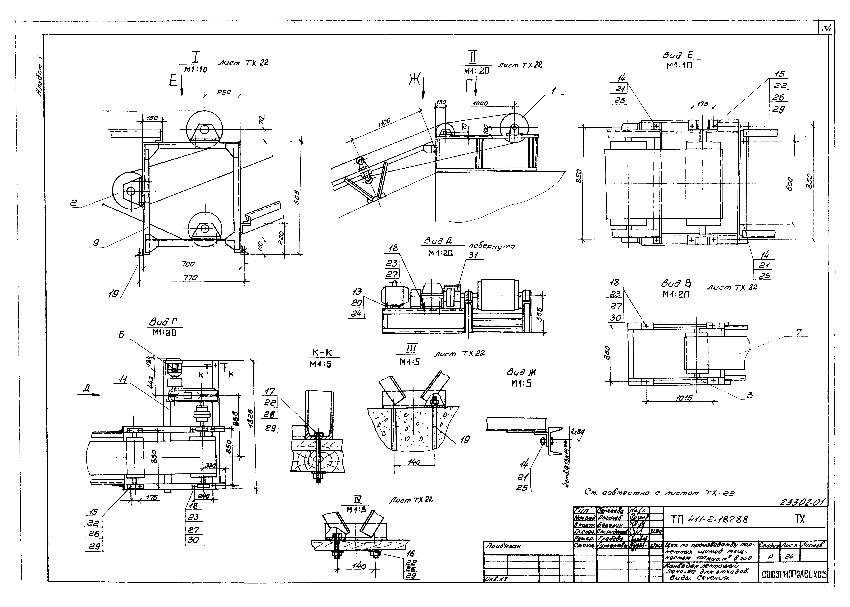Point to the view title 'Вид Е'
pyautogui.click(x=677, y=55)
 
